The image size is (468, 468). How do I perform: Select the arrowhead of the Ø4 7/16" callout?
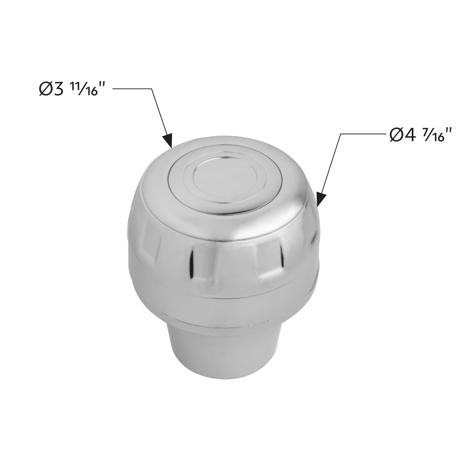pos(320,199)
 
